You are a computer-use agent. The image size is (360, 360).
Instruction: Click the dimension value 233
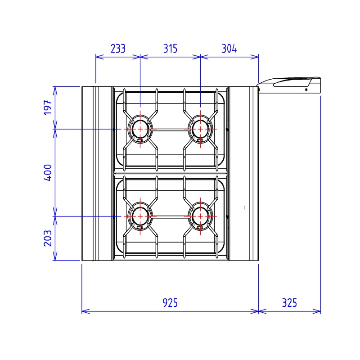click(117, 49)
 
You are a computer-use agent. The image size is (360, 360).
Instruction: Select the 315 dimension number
click(170, 49)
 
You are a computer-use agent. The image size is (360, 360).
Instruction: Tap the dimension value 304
click(229, 49)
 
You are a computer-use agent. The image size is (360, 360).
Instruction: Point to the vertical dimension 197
click(48, 108)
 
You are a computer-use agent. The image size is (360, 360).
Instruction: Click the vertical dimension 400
click(48, 172)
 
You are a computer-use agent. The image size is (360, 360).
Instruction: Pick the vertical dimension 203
click(48, 238)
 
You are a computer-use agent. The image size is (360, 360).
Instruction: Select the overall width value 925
click(170, 303)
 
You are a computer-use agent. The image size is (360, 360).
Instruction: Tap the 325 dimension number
click(289, 303)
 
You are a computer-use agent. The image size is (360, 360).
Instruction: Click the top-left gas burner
click(140, 129)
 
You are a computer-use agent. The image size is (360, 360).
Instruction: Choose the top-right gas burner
click(200, 129)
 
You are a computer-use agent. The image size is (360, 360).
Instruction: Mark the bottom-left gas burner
click(140, 216)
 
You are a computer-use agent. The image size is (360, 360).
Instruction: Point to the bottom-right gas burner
click(200, 216)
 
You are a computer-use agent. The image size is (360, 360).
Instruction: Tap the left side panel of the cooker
click(96, 173)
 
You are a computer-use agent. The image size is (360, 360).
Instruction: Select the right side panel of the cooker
click(244, 173)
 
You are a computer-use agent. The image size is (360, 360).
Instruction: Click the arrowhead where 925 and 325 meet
click(258, 311)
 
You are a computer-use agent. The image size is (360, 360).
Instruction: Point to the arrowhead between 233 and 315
click(140, 57)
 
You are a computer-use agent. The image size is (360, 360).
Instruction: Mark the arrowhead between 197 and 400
click(55, 129)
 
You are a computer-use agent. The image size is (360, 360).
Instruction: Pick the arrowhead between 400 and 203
click(55, 216)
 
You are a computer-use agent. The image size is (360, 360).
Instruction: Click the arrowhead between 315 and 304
click(200, 57)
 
